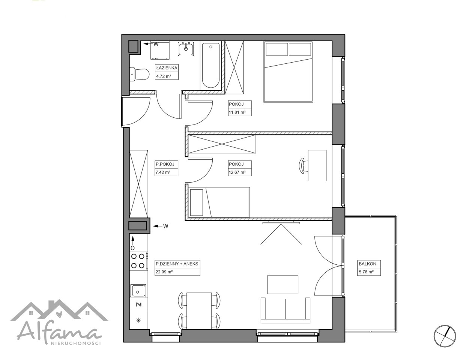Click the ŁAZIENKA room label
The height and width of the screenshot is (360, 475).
pyautogui.click(x=167, y=68)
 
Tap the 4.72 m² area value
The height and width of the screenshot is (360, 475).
pyautogui.click(x=164, y=76)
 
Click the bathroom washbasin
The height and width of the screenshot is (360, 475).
pyautogui.click(x=186, y=49)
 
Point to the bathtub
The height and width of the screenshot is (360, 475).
pyautogui.click(x=210, y=65)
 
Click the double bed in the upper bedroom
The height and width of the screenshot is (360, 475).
pyautogui.click(x=288, y=72)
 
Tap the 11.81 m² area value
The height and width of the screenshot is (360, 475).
pyautogui.click(x=237, y=112)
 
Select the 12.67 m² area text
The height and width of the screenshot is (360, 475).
pyautogui.click(x=237, y=172)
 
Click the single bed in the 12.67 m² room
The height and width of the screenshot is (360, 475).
pyautogui.click(x=219, y=202)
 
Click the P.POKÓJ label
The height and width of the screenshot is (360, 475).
pyautogui.click(x=165, y=164)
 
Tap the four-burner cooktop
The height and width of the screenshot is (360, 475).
pyautogui.click(x=138, y=261)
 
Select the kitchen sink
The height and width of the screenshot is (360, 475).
pyautogui.click(x=138, y=291)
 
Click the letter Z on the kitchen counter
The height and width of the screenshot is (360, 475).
pyautogui.click(x=139, y=304)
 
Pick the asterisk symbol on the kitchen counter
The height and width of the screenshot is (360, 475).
pyautogui.click(x=138, y=320)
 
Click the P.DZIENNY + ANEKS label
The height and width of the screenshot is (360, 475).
pyautogui.click(x=177, y=264)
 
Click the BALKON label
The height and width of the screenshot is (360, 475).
pyautogui.click(x=367, y=264)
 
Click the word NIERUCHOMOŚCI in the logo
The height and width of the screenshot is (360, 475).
pyautogui.click(x=76, y=343)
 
